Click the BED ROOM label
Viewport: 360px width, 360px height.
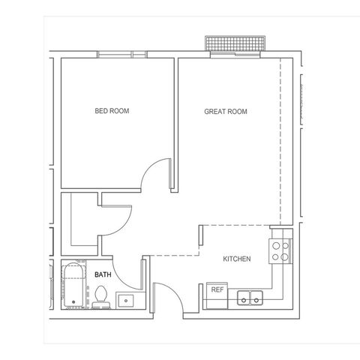112,111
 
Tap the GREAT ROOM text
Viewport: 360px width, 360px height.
226,112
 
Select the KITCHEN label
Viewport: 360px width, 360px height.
237,259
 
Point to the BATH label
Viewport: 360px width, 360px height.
103,274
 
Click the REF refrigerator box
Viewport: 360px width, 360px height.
217,295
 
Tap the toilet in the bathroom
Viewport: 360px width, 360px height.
101,297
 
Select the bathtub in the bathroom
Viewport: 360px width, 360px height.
73,284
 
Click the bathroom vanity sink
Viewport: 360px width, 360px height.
126,301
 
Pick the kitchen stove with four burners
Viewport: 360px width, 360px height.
280,251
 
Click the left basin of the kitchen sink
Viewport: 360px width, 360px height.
244,298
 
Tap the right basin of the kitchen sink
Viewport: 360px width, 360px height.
256,298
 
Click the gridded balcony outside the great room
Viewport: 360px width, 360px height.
235,43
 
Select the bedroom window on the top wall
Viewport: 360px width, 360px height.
121,55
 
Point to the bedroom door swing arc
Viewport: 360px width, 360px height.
151,166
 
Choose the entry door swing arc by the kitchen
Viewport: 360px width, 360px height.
175,292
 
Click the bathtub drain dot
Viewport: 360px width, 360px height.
73,302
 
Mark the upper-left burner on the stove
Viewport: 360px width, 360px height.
276,246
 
